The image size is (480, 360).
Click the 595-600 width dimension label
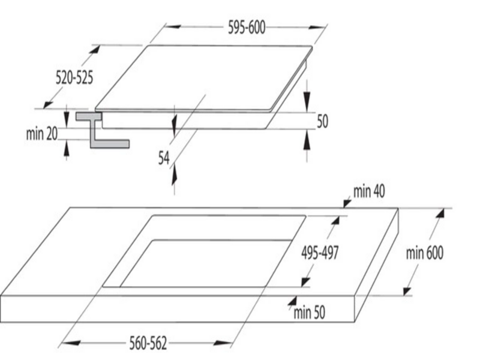click(247, 28)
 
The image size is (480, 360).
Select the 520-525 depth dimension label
click(74, 77)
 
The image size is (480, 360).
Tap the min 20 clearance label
click(42, 133)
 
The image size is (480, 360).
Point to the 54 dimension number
click(164, 158)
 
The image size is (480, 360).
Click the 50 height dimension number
click(322, 122)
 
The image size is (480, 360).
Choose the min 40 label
click(369, 191)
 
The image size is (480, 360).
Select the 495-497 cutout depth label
click(320, 253)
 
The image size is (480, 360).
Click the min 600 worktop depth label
click(425, 253)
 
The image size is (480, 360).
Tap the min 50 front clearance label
click(309, 313)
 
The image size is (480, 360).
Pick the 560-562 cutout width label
click(148, 343)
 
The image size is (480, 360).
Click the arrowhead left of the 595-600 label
click(172, 26)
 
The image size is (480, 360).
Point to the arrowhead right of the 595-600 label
click(317, 27)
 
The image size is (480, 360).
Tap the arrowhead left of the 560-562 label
click(71, 343)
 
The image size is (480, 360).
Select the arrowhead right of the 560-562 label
click(222, 343)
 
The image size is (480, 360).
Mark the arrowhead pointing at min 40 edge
click(347, 203)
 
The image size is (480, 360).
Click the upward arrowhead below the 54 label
click(175, 174)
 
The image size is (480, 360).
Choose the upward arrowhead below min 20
click(67, 148)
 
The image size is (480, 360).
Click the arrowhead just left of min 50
click(292, 301)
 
